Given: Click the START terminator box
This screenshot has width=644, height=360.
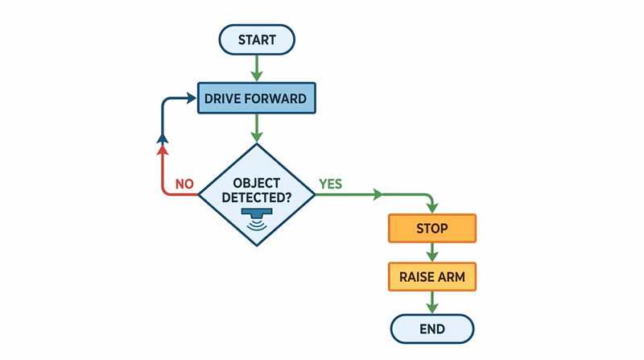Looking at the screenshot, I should (x=257, y=39).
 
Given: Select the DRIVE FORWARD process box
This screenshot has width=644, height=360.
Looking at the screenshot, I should (x=255, y=99).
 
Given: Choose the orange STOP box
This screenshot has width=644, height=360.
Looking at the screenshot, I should (x=432, y=228).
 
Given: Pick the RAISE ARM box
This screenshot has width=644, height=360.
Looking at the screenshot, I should (x=432, y=277).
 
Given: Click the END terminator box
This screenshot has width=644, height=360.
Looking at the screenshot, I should (x=432, y=328).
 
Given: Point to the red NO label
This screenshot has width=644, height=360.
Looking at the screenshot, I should (x=184, y=184).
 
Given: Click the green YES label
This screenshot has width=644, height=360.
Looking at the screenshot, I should (x=330, y=184).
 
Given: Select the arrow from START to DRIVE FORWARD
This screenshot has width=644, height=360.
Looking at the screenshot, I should (x=257, y=68).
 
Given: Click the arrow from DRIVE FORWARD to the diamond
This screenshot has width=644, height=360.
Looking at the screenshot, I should (x=257, y=127).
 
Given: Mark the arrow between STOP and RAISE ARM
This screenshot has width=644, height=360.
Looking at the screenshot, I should (x=432, y=252).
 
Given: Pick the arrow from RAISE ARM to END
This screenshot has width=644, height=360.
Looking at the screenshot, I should (x=432, y=302).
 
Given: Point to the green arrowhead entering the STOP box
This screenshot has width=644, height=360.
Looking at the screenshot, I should (x=432, y=208).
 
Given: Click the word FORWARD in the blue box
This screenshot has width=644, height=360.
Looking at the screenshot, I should (x=277, y=99).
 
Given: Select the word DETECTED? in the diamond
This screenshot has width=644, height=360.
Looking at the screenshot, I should (x=256, y=197).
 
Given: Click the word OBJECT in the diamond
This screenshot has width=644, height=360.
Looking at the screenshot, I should (x=256, y=182).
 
